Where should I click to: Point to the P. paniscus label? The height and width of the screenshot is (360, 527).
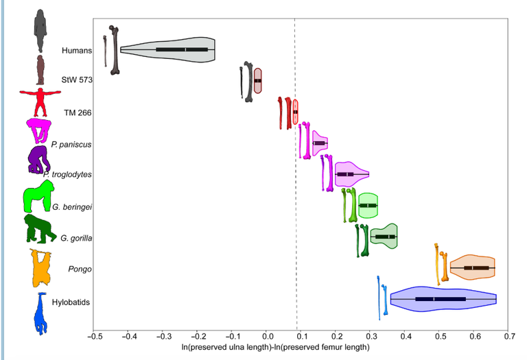point(71,144)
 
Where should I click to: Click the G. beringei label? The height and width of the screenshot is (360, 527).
point(72,206)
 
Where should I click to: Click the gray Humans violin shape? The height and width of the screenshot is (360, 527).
point(168,49)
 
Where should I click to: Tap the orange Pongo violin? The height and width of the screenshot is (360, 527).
point(473,267)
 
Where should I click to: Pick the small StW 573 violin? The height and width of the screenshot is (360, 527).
point(257,80)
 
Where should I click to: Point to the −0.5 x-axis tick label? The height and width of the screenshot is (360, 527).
point(93,336)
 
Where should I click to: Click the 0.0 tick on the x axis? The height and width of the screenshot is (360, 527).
point(267,336)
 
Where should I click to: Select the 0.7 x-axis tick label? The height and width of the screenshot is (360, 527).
point(509,336)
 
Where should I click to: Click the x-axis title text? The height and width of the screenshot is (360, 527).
point(301,348)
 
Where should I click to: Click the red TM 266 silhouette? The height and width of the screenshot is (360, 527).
point(40,102)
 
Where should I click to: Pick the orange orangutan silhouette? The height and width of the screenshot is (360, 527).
point(41,269)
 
